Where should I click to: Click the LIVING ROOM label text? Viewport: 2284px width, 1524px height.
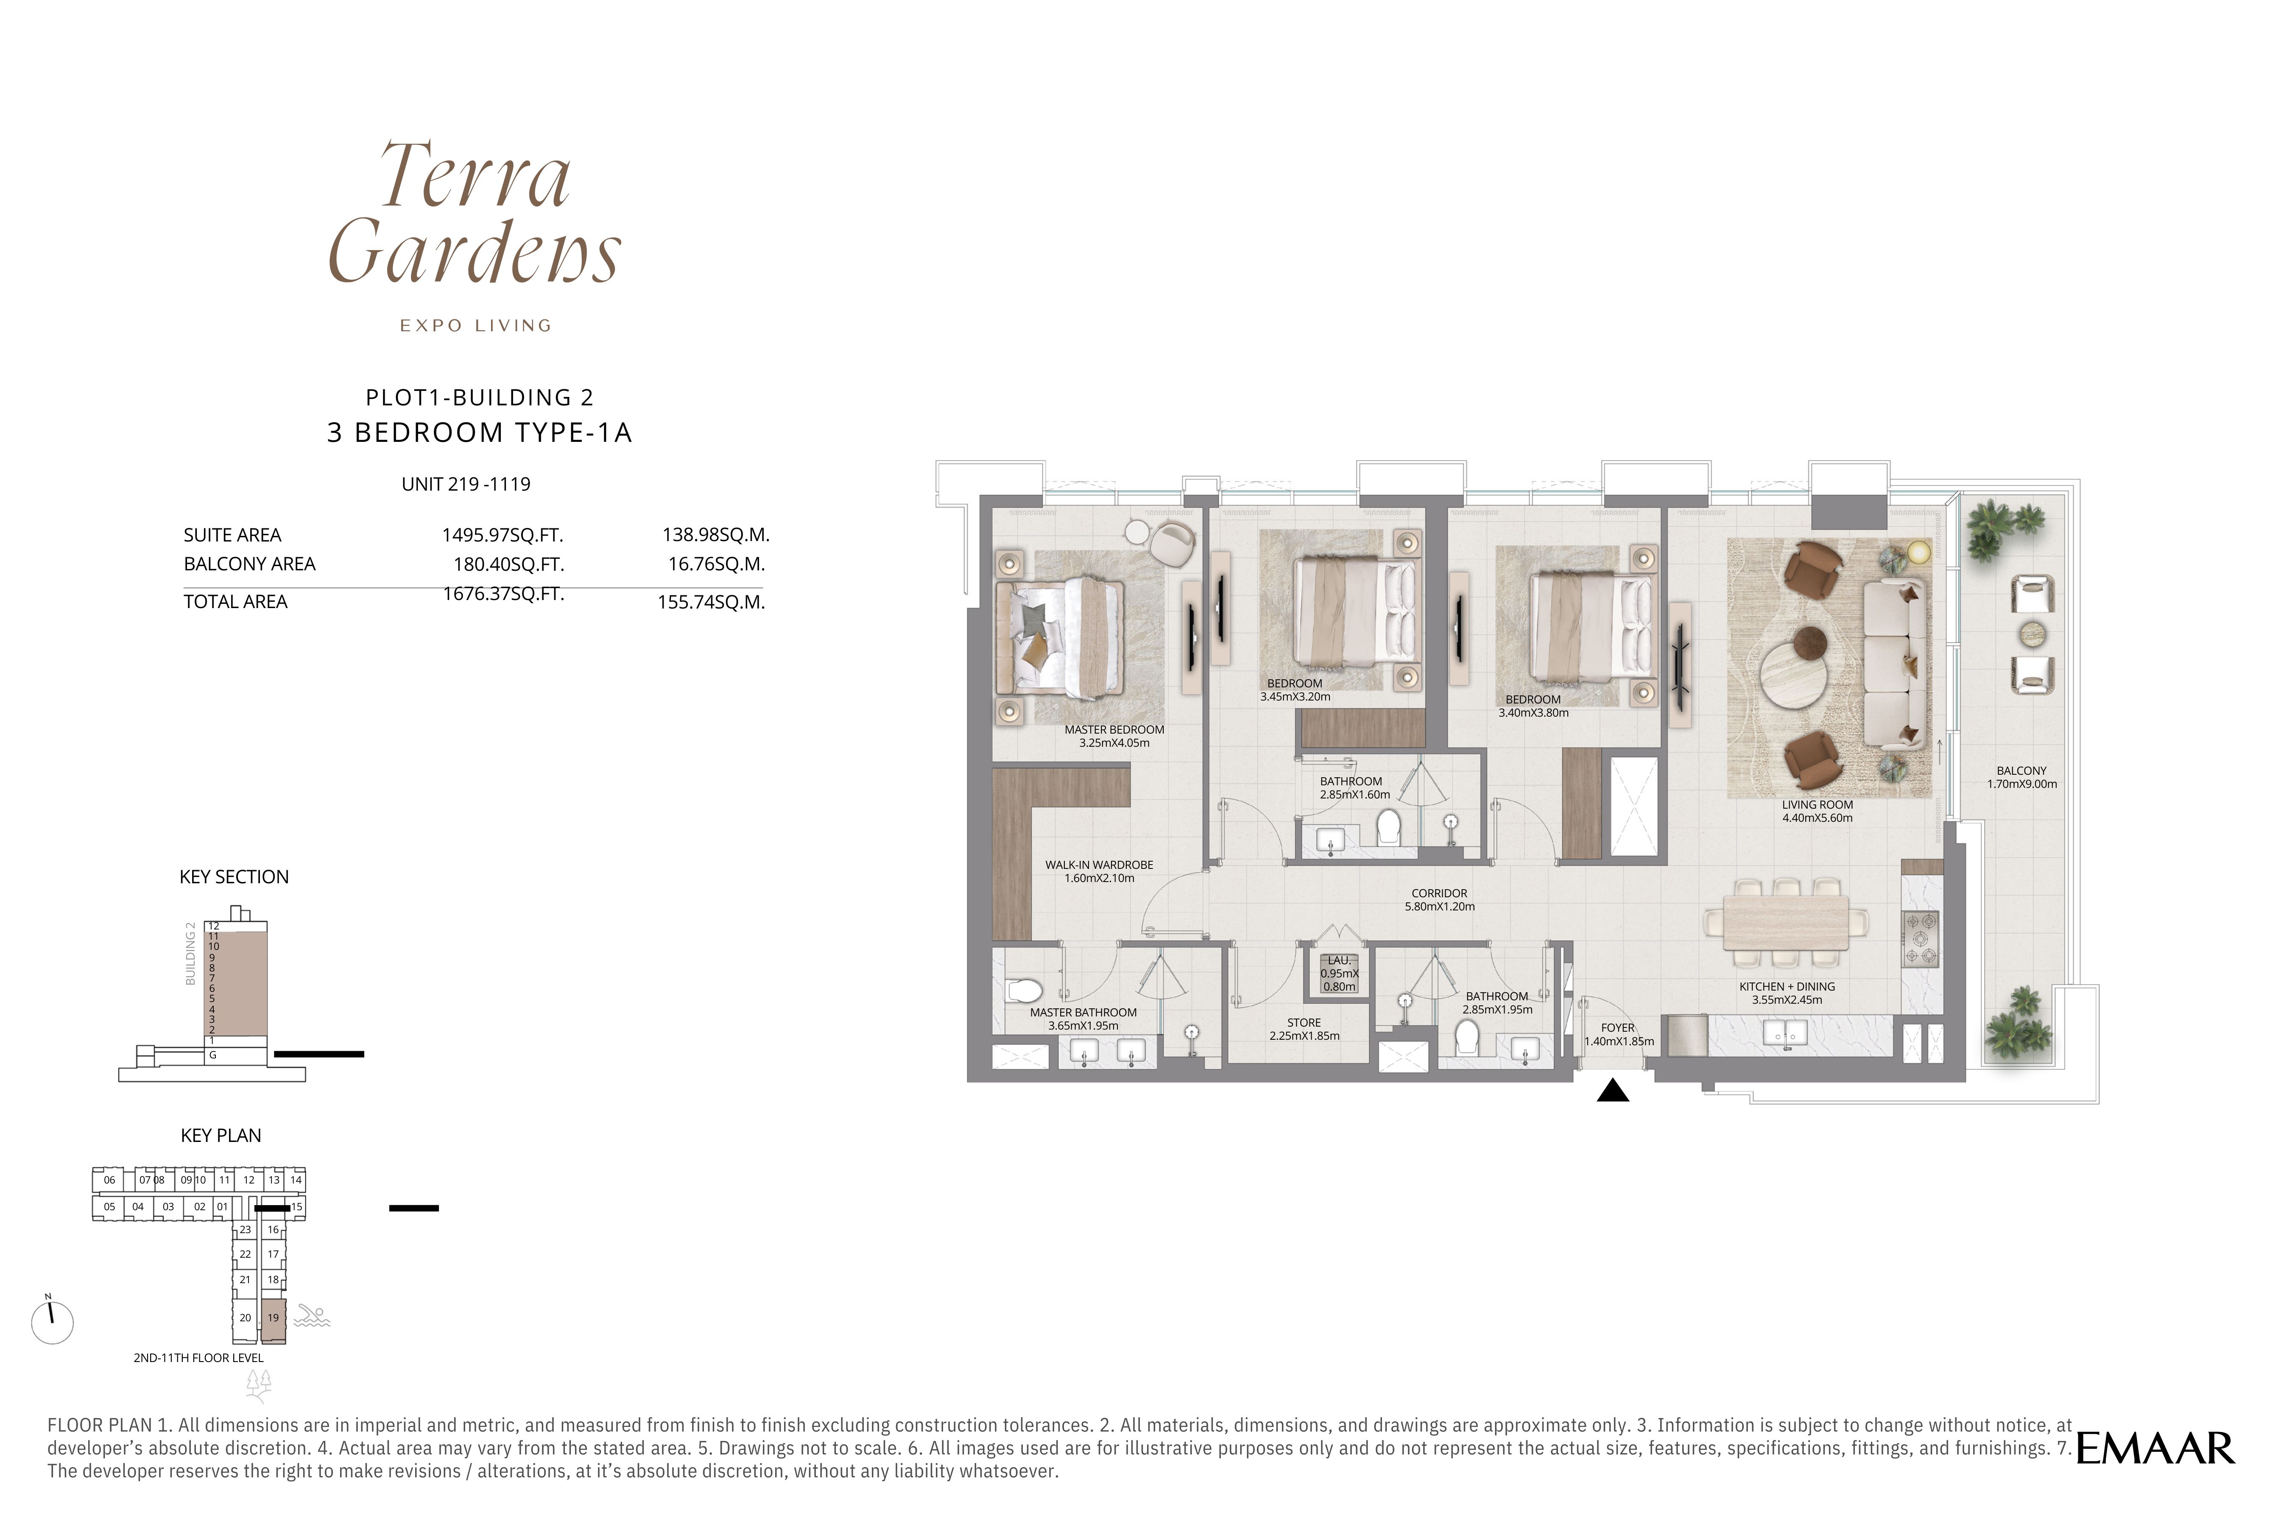(x=1818, y=805)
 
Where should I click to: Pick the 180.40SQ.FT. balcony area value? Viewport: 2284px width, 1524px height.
(x=508, y=564)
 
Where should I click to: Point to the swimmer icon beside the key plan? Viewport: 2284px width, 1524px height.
(x=312, y=1317)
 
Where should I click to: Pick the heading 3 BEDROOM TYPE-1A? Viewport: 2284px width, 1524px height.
(x=479, y=433)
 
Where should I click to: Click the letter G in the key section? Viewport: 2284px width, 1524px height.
(x=213, y=1055)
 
